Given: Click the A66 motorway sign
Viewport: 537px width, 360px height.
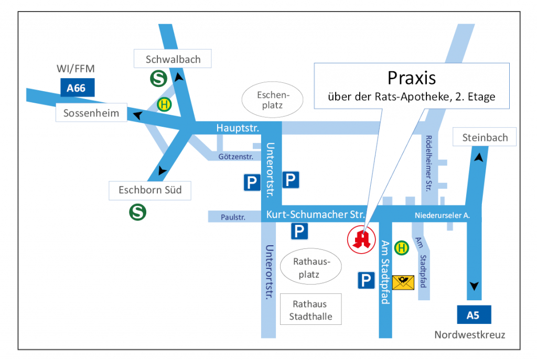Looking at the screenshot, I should [76, 88].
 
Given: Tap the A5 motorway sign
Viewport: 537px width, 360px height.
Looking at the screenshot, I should [474, 315].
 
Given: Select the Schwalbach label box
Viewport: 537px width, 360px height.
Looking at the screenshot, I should [173, 59].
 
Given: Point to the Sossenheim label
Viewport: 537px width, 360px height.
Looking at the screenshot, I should [91, 113].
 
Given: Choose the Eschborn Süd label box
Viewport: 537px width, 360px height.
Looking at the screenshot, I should [150, 190].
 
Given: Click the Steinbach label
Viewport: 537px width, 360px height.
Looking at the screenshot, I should [485, 138].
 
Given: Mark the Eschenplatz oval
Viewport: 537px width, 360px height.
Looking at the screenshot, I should [273, 101].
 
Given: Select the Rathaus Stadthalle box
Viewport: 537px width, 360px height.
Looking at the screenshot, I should [310, 310].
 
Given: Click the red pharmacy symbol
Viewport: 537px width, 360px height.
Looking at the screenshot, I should [361, 239].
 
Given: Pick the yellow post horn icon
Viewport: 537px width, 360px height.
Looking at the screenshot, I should [403, 282].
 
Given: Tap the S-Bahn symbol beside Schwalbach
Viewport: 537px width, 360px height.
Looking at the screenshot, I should [158, 79].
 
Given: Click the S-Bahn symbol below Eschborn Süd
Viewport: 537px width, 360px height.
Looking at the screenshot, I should [138, 212].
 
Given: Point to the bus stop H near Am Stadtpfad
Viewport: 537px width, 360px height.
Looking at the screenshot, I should [402, 247].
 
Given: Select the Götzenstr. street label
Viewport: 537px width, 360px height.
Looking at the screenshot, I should [236, 157].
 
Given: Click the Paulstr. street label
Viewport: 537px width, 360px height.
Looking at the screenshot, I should [233, 215].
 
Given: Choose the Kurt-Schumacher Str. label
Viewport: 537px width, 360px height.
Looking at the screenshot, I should [315, 214].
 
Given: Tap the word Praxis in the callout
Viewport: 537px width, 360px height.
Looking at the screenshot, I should [412, 78].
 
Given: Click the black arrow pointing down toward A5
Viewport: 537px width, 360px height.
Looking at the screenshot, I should [475, 286].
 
